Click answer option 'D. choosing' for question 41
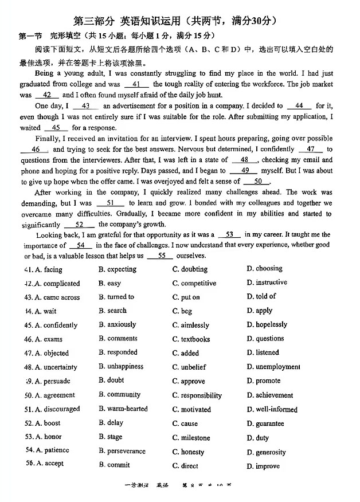(264, 268)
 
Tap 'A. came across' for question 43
(52, 297)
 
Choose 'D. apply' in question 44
(259, 311)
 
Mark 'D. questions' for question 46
(265, 339)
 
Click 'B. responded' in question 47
(118, 352)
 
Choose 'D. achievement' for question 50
(269, 395)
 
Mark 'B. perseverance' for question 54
(122, 452)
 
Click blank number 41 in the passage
(136, 84)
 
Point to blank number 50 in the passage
(261, 182)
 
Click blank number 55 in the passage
(161, 256)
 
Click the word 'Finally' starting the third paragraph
(47, 139)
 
